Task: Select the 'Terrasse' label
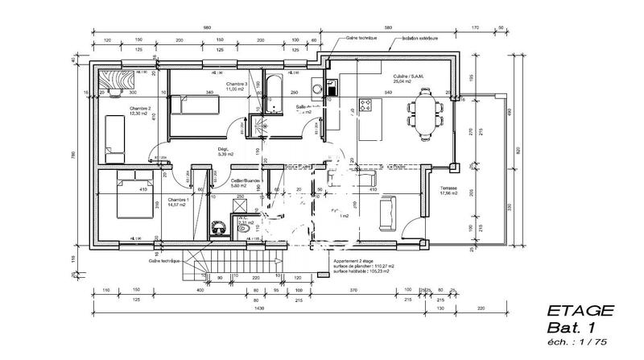point(448,187)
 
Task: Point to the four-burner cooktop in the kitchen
point(365,104)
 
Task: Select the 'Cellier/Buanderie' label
point(245,181)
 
